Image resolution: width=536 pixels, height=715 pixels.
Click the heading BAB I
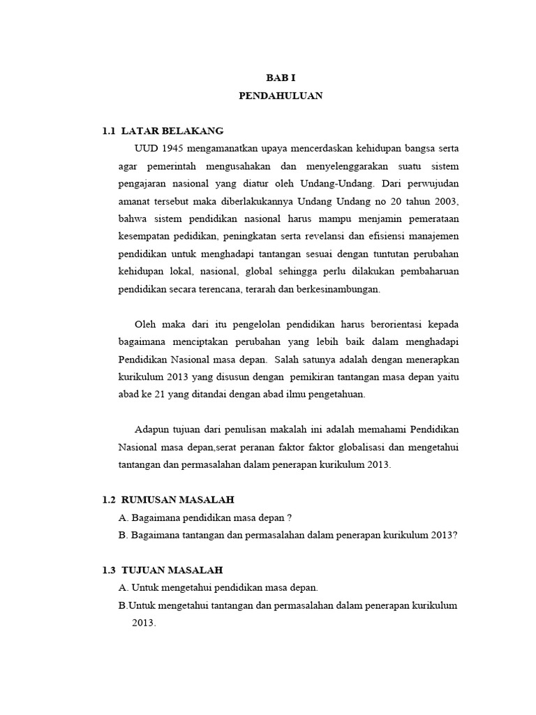281,79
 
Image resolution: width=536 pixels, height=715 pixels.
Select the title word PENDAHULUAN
281,96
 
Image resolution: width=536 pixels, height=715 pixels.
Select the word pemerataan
429,219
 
